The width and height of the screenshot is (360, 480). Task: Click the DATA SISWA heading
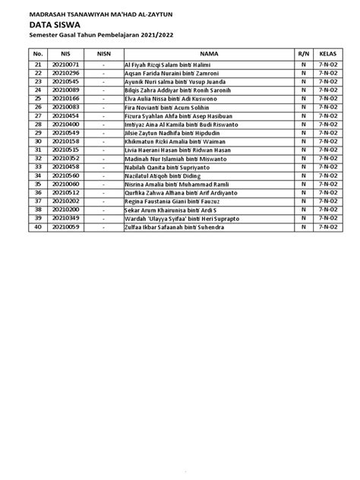55,24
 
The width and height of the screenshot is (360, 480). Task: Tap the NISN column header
103,54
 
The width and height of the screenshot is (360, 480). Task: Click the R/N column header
304,54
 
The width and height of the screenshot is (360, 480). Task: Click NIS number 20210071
66,66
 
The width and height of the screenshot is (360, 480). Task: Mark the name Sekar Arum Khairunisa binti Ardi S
166,210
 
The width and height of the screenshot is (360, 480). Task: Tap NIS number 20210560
66,174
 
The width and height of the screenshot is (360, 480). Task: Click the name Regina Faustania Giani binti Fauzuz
167,201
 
